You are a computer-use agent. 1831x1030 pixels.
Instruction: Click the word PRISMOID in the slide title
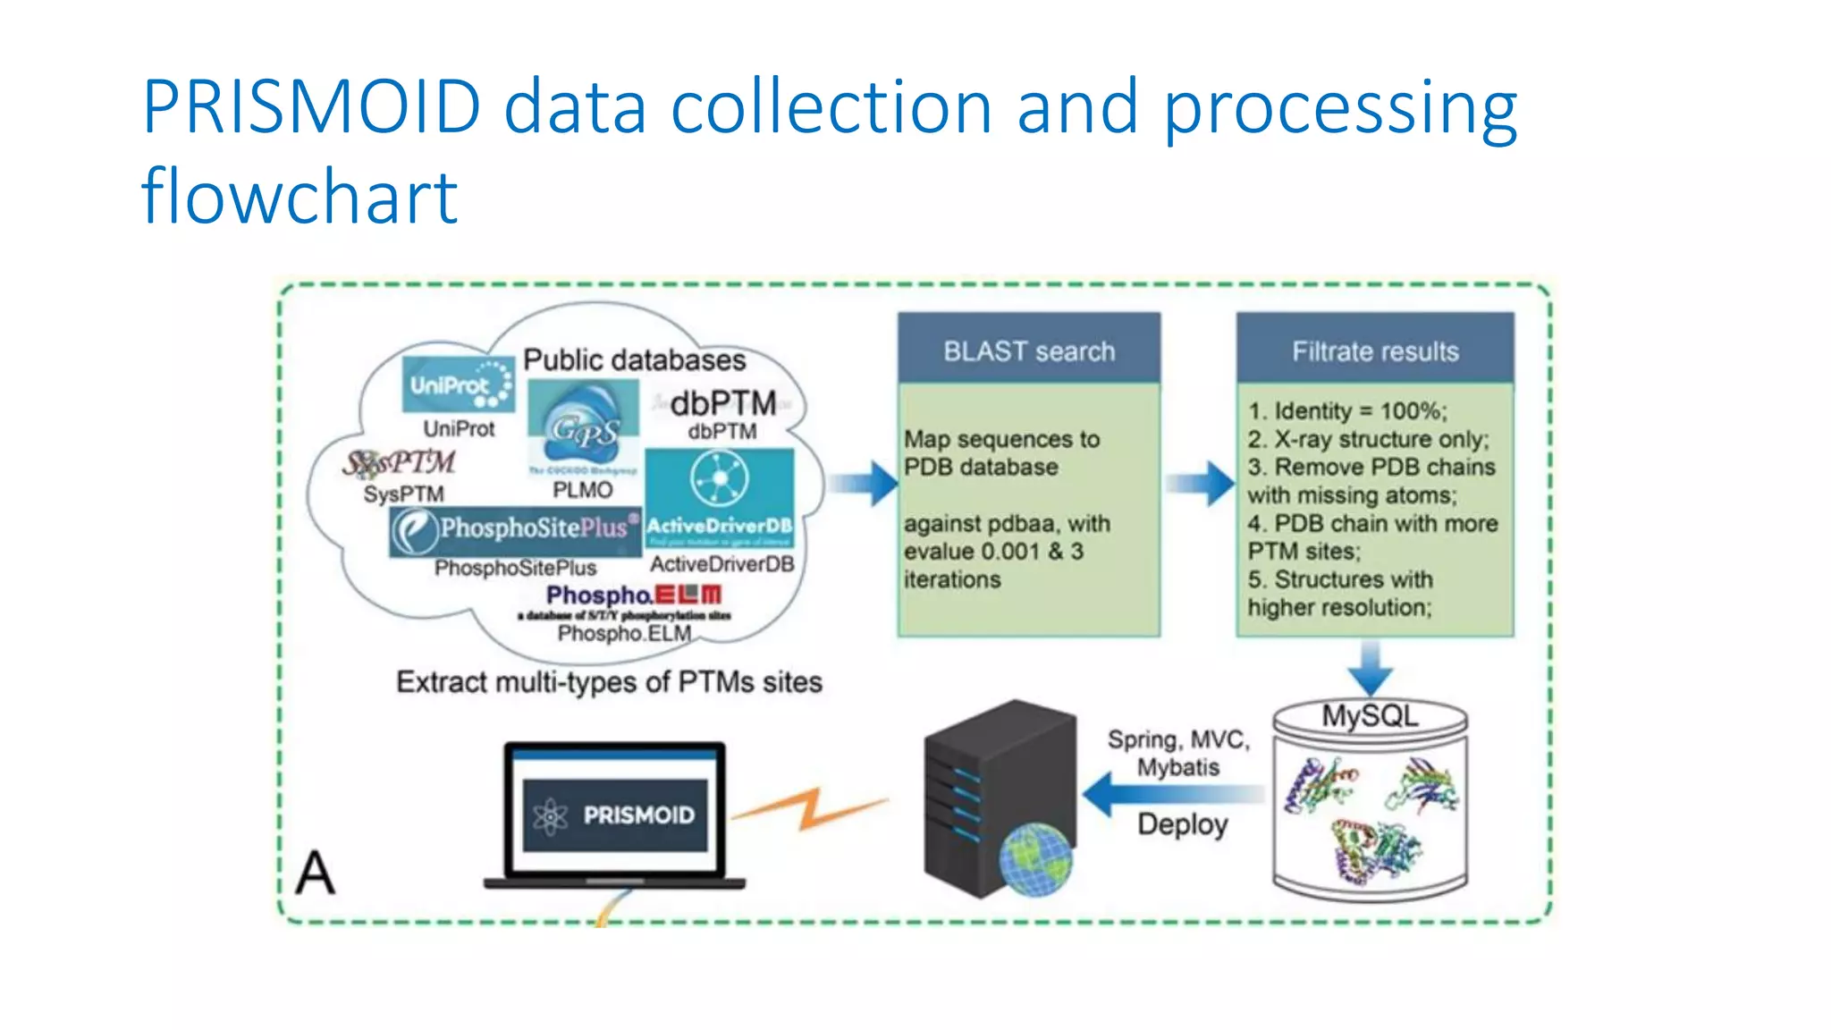tap(312, 108)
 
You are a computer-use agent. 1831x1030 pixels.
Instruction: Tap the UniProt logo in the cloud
tap(458, 384)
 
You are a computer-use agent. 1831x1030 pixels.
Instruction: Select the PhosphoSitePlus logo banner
tap(515, 529)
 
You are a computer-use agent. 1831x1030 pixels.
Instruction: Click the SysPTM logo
tap(400, 462)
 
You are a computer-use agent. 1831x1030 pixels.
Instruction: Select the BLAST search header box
tap(1029, 350)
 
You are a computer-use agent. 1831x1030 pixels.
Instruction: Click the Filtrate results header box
tap(1374, 350)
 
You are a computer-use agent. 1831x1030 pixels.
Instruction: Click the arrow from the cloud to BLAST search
tap(863, 484)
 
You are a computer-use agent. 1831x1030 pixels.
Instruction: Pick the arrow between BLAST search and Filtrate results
tap(1201, 484)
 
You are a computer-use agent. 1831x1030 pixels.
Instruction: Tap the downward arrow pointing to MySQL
tap(1370, 667)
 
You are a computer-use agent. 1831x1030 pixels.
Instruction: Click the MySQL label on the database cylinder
tap(1370, 716)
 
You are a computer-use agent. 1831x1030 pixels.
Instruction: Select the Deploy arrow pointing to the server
tap(1172, 794)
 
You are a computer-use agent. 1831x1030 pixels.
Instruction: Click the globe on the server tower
tap(1035, 860)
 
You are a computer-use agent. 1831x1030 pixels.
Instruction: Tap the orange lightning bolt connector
tap(810, 808)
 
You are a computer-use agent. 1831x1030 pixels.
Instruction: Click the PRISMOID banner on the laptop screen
tap(615, 815)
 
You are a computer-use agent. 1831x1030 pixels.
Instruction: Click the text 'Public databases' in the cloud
tap(634, 359)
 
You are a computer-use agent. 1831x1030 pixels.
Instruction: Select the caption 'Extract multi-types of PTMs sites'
tap(609, 682)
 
